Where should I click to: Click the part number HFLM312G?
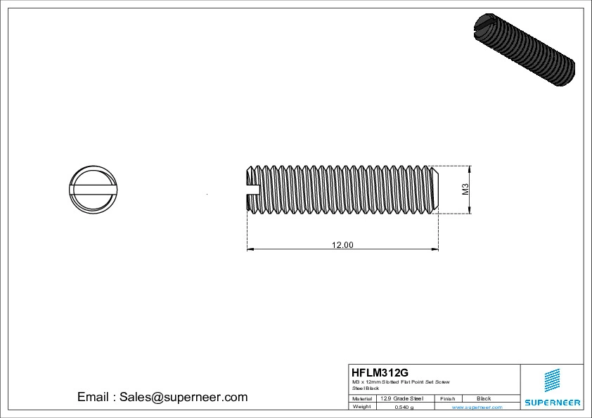click(380, 372)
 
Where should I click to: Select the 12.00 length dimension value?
click(342, 244)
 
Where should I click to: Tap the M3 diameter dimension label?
click(465, 188)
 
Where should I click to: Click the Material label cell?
click(362, 398)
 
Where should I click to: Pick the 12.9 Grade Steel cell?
click(401, 398)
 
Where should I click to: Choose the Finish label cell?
click(447, 398)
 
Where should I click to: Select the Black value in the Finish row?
click(484, 398)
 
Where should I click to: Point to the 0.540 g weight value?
click(404, 407)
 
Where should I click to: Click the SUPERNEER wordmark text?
click(552, 403)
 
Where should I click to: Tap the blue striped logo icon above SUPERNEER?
click(553, 380)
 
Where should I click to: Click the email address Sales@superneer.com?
click(184, 397)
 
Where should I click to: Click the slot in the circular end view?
click(94, 188)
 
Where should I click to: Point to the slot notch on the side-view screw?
click(253, 188)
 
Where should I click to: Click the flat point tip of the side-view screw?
click(437, 188)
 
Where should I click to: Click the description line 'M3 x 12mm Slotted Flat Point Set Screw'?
click(401, 381)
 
